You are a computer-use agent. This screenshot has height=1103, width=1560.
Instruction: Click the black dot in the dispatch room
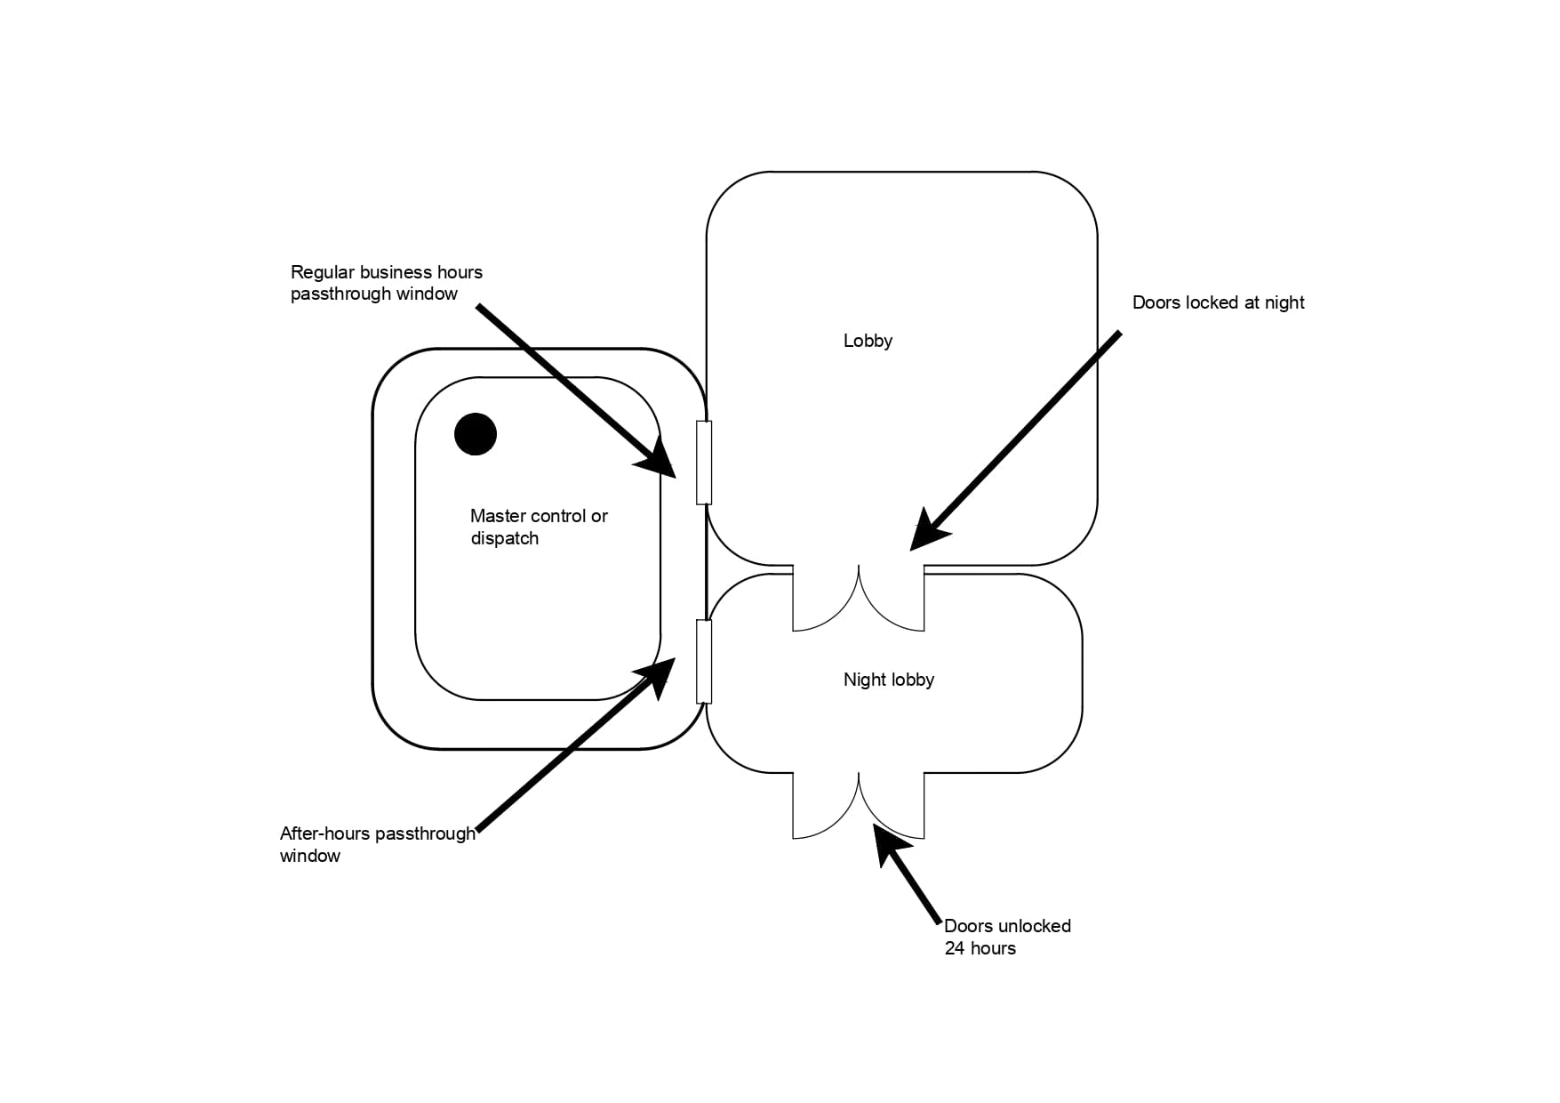pos(476,434)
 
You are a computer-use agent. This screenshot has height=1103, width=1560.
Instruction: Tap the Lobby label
pos(868,341)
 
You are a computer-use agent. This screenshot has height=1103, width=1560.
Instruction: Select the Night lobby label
pos(888,680)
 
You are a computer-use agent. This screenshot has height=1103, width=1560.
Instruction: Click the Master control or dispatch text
pos(539,527)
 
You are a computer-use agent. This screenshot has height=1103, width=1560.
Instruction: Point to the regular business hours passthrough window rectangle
pos(704,463)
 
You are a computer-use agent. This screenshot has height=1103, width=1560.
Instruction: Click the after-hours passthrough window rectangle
pos(704,661)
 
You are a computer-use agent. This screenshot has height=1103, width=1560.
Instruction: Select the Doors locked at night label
pos(1218,302)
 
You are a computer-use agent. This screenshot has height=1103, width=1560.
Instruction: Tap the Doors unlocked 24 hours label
pos(1007,937)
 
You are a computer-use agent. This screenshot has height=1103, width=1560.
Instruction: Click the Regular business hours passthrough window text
pos(386,283)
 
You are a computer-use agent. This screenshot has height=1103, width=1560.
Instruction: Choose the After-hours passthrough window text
pos(377,844)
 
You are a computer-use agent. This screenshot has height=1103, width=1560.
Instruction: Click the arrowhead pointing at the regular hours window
pos(660,461)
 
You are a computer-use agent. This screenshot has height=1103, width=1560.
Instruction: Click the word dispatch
pos(504,538)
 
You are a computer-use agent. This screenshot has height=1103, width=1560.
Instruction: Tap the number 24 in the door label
pos(955,948)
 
